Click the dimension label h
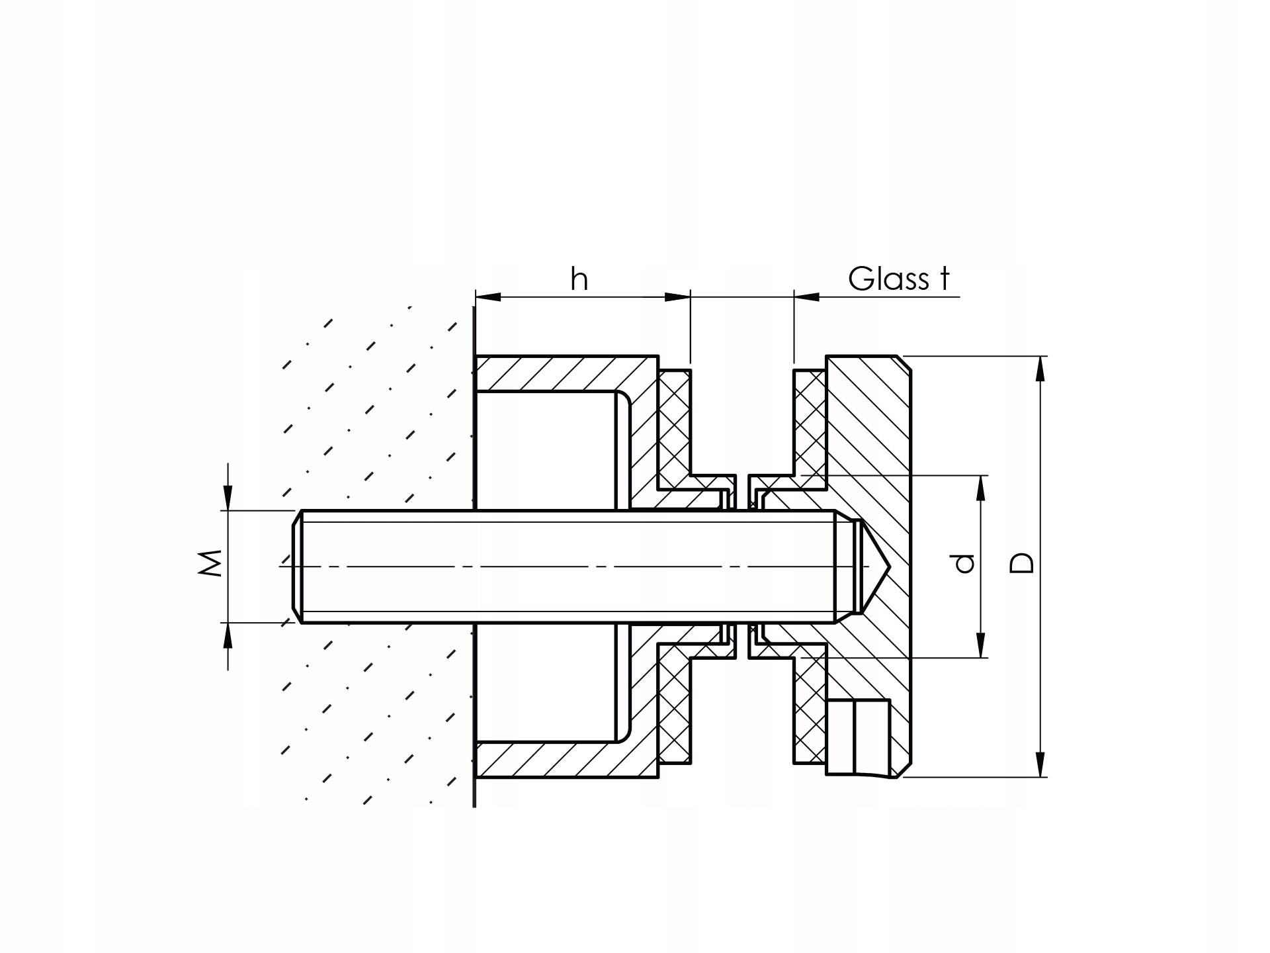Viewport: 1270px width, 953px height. (x=579, y=279)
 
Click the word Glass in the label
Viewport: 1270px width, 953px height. (x=888, y=279)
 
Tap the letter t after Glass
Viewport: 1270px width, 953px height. (x=944, y=279)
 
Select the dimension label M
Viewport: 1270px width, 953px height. (x=210, y=563)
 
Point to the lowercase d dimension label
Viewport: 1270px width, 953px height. (x=965, y=563)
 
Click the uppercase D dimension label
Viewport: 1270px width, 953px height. (x=1022, y=563)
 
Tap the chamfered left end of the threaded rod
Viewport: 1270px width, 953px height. (x=298, y=567)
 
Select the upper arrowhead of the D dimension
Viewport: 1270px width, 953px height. (x=1040, y=369)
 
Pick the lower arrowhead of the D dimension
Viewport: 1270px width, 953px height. (x=1040, y=764)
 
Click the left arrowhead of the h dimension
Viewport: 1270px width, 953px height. (x=488, y=297)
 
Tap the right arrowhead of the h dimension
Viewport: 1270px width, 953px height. (x=677, y=297)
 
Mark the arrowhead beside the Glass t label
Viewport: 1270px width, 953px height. (x=807, y=297)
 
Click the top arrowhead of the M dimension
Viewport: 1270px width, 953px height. (x=228, y=498)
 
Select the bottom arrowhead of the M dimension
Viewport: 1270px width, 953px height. (x=228, y=635)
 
